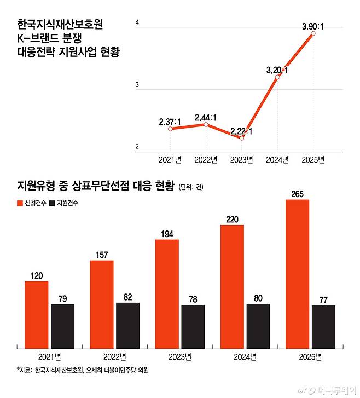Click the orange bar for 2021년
(x=36, y=314)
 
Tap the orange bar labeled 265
(x=297, y=273)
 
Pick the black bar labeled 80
(x=258, y=325)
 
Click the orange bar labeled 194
(x=167, y=293)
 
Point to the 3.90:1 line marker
(x=313, y=34)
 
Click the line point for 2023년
(x=241, y=138)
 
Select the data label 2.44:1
(x=206, y=117)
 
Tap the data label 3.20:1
(x=277, y=70)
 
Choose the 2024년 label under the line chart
(x=277, y=160)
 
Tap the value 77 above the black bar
(x=323, y=299)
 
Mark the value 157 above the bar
(x=102, y=255)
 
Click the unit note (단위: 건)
(x=190, y=187)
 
